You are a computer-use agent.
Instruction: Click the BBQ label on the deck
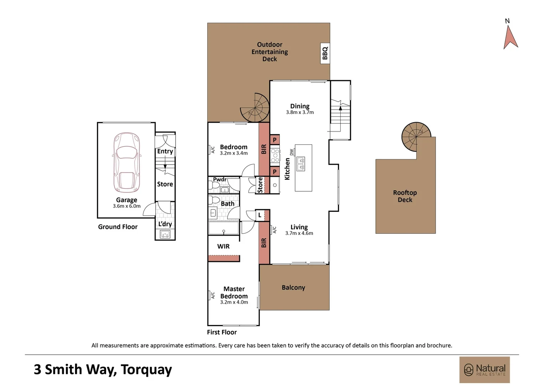pos(325,53)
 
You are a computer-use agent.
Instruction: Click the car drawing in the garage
pos(126,163)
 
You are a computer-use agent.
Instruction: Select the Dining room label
pos(300,106)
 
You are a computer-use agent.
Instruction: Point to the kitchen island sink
pos(300,164)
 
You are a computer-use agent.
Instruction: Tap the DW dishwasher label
pos(292,152)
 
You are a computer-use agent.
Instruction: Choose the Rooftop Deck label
pos(405,196)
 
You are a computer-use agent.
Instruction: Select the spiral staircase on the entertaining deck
pos(255,108)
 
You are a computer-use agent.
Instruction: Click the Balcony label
pos(293,287)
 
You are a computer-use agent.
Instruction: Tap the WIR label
pos(223,246)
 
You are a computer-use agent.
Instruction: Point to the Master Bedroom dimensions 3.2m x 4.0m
pos(234,302)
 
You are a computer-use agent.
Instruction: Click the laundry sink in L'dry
pos(165,235)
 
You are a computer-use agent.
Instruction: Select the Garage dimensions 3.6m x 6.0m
pos(126,206)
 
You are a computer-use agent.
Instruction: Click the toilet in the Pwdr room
pos(212,185)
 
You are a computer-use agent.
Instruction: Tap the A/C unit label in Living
pos(274,230)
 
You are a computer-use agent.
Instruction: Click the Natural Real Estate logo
pos(485,370)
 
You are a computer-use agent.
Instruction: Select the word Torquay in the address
pos(146,370)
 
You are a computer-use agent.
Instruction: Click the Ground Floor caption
pos(118,227)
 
